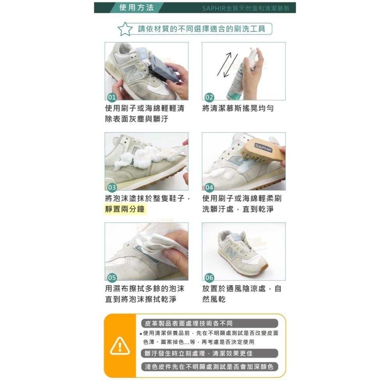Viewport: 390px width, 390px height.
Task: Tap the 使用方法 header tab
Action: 136,8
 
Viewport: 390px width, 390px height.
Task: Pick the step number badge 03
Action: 112,187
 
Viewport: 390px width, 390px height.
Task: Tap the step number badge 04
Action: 209,187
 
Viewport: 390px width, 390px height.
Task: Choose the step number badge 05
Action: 112,277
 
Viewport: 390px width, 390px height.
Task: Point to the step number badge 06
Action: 209,277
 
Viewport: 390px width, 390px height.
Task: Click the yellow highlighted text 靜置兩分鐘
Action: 125,209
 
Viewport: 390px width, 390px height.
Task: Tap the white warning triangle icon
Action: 120,346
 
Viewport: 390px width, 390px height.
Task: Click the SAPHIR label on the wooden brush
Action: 264,147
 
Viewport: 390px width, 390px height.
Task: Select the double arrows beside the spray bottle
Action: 227,64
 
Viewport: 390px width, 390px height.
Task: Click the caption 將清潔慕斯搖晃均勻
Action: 238,108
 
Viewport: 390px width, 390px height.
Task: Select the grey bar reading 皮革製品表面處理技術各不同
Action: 209,323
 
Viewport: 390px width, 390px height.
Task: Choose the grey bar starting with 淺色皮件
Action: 209,367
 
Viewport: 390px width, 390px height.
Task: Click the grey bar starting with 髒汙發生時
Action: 209,353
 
